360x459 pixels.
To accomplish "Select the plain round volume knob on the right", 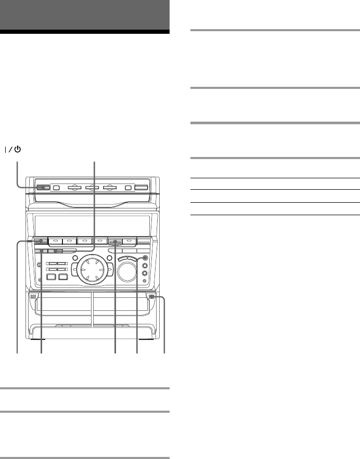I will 127,272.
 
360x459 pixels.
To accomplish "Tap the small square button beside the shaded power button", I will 57,188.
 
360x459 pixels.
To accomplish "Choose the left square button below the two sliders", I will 51,277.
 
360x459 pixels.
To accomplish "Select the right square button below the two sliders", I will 63,277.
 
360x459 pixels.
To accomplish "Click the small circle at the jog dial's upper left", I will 75,258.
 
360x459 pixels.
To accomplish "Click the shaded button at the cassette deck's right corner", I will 151,297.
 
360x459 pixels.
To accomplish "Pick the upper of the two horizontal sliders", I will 56,264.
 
